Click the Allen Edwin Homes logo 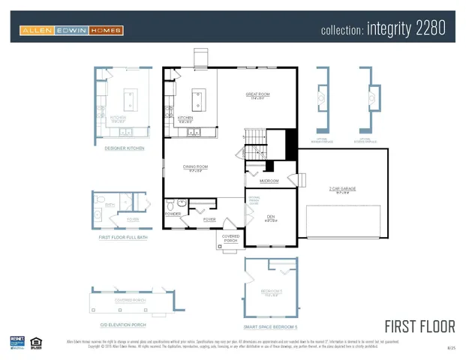[x=72, y=31]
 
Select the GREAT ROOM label [x=257, y=94]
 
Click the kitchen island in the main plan [x=199, y=97]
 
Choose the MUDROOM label [x=269, y=181]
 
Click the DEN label [x=270, y=217]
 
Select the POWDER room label [x=173, y=214]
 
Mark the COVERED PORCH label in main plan [x=230, y=238]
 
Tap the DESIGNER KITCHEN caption [x=120, y=148]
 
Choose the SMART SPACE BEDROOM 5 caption [x=270, y=327]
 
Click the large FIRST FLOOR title [x=419, y=326]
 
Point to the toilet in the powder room [x=172, y=204]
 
